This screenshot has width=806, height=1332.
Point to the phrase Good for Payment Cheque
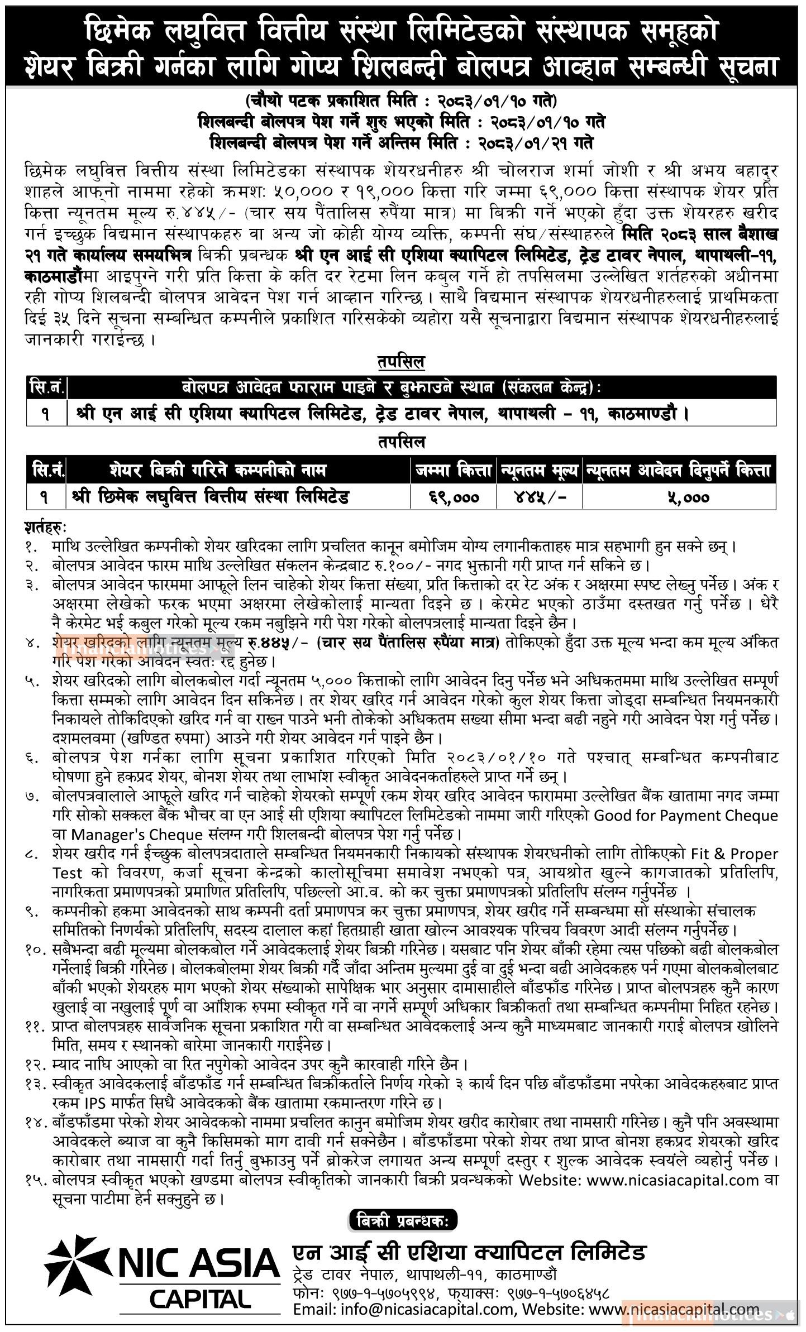pyautogui.click(x=685, y=816)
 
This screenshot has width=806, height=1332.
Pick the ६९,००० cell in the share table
pyautogui.click(x=454, y=496)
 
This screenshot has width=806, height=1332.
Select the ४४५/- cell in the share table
pyautogui.click(x=540, y=496)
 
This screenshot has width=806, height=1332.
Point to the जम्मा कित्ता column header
pyautogui.click(x=454, y=470)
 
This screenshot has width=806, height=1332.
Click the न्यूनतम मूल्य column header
pyautogui.click(x=540, y=470)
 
